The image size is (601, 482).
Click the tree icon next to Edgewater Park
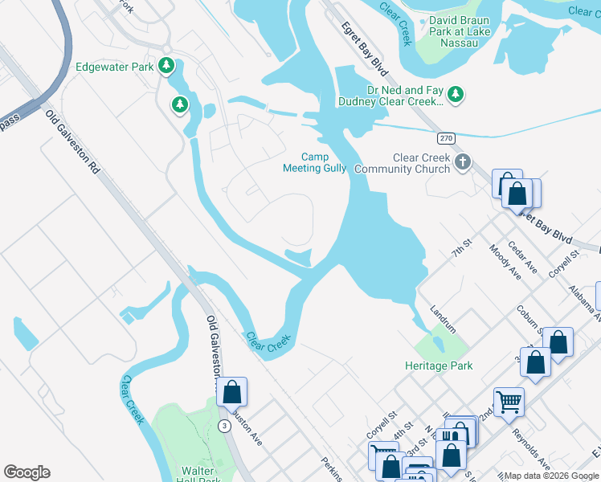[166, 66]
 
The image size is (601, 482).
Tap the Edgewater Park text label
[114, 67]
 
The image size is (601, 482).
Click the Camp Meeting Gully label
[314, 163]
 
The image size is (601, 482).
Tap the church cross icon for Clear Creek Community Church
[462, 163]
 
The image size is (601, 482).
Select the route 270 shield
[448, 139]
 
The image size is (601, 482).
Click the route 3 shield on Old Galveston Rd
[223, 425]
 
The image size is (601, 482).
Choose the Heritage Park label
[439, 366]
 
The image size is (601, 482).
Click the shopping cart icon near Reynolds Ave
[509, 401]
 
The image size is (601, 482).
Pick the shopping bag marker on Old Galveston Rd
[232, 392]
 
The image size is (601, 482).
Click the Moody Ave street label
[505, 263]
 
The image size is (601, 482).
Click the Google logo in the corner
[27, 472]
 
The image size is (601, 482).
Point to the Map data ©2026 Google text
[551, 476]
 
